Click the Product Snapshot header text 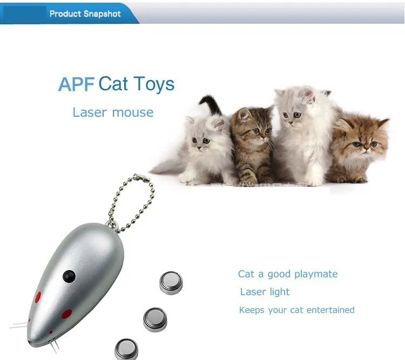click(85, 14)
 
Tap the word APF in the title click(76, 84)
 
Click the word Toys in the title click(154, 84)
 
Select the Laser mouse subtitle click(113, 112)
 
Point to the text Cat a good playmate click(288, 274)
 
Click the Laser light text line click(265, 292)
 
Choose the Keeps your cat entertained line click(297, 310)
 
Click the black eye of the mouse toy click(69, 276)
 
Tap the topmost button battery click(171, 283)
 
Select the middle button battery click(155, 319)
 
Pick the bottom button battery click(126, 349)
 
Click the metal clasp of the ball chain click(141, 178)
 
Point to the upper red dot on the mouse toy click(38, 297)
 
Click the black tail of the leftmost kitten click(211, 104)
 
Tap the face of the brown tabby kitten click(256, 129)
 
